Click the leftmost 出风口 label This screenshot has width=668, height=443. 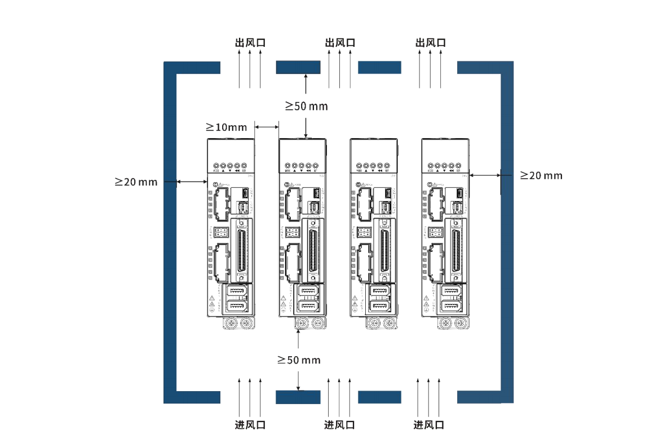(x=250, y=43)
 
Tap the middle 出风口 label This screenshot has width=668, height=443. (x=340, y=43)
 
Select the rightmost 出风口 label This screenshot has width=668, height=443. (x=430, y=43)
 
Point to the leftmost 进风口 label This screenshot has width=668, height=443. (x=250, y=424)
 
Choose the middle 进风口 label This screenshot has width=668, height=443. (x=339, y=424)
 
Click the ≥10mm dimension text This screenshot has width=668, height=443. (x=226, y=127)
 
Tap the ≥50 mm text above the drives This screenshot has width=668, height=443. (x=306, y=106)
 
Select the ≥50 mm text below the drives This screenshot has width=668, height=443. (x=298, y=360)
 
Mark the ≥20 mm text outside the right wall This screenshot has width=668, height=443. (x=541, y=175)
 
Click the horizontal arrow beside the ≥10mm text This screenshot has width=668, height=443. (x=267, y=127)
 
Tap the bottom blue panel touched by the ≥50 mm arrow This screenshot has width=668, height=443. (x=298, y=397)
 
